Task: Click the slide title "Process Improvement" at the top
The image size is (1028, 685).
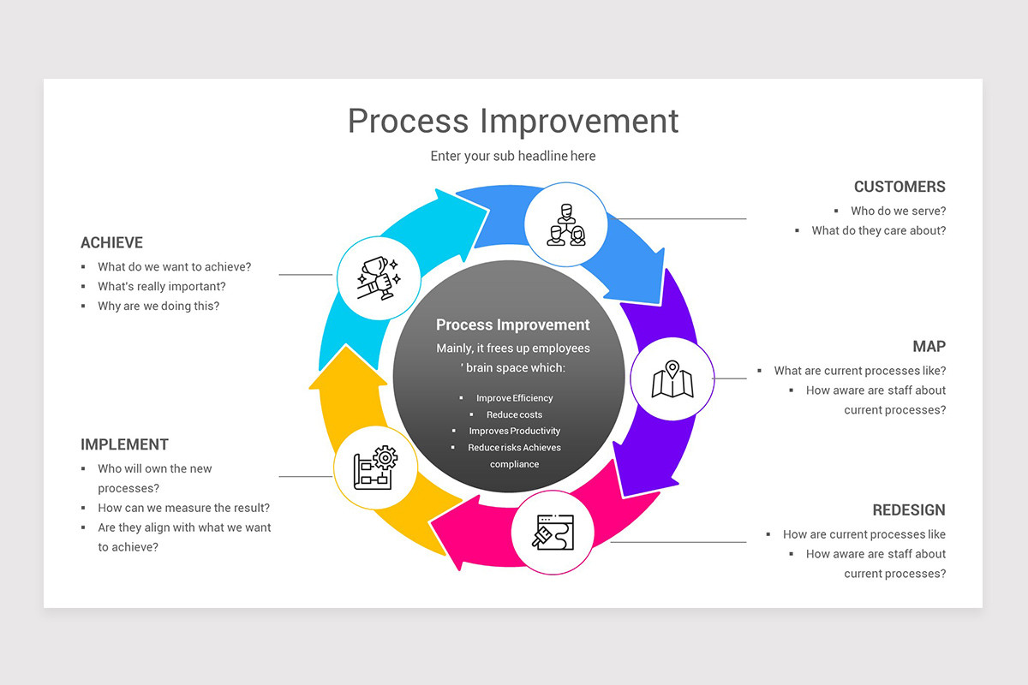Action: pos(513,121)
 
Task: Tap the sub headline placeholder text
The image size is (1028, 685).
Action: pos(513,156)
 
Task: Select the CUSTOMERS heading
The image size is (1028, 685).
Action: pos(899,187)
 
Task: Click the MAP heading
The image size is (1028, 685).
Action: pos(929,347)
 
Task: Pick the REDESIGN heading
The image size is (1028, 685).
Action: pos(909,510)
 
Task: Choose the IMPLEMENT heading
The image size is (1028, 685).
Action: pos(124,444)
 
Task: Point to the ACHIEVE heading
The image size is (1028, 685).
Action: pos(111,243)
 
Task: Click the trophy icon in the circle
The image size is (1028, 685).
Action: pos(378,277)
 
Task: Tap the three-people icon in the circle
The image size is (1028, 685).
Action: pos(565,224)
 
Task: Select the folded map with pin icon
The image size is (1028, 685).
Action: pos(672,379)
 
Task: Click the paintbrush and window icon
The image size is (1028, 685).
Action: pos(553,532)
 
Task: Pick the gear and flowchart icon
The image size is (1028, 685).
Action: pos(375,468)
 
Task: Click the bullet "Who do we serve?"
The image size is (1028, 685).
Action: pos(898,211)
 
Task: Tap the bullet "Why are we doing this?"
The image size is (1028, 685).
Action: pos(158,306)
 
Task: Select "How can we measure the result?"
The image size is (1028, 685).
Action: pos(183,508)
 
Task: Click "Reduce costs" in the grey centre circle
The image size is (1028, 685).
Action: pos(514,414)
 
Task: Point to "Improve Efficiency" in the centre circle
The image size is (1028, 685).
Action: pos(514,398)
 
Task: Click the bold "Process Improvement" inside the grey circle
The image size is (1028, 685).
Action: pos(513,325)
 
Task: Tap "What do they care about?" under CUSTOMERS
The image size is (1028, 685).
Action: pos(879,230)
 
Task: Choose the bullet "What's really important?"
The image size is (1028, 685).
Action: pos(162,286)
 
